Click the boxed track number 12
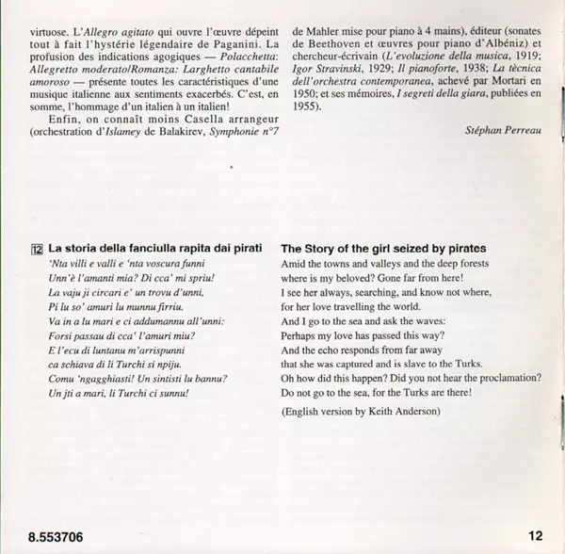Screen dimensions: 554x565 coord(36,249)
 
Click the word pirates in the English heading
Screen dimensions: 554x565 coord(478,249)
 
